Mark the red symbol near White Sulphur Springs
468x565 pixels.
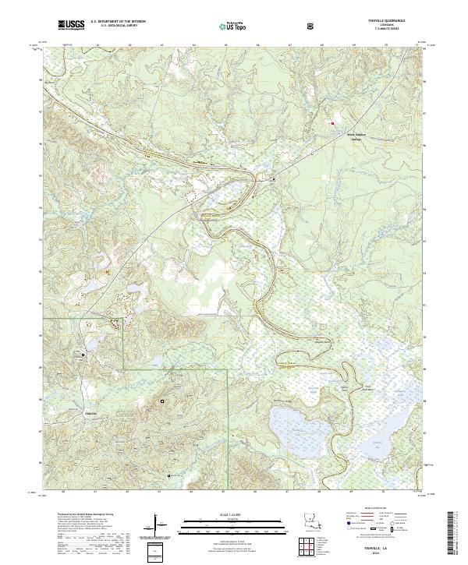(x=332, y=122)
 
